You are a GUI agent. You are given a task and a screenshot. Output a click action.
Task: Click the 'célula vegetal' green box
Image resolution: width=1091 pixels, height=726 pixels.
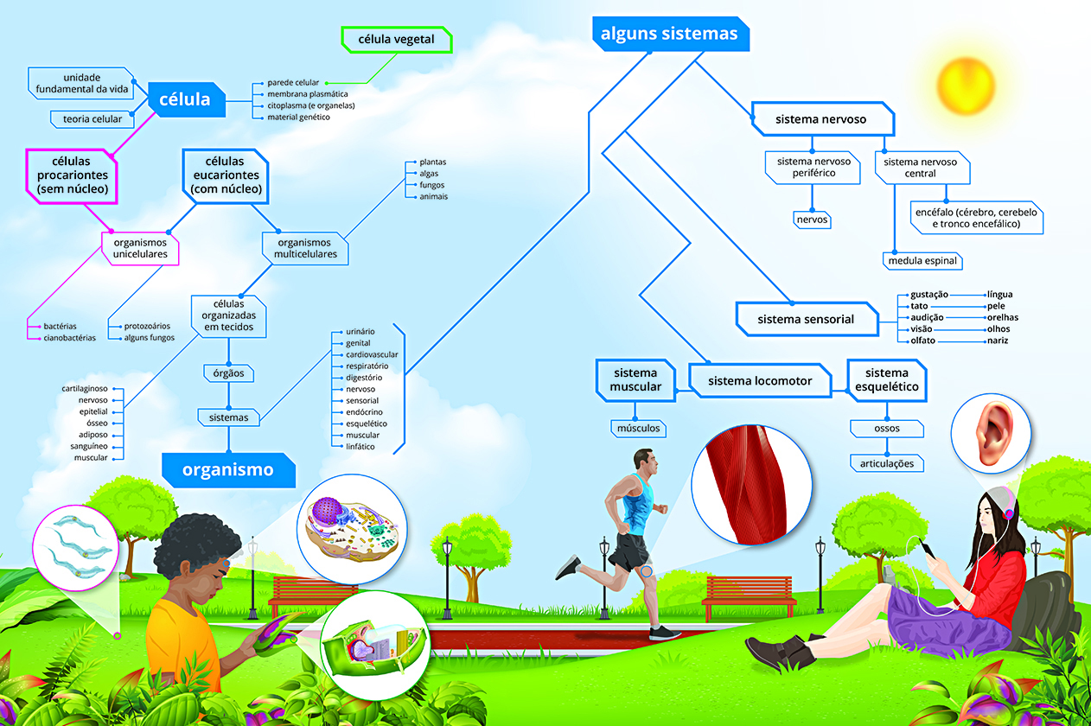point(397,39)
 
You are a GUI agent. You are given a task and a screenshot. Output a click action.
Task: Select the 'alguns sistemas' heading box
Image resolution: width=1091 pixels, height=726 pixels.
point(669,34)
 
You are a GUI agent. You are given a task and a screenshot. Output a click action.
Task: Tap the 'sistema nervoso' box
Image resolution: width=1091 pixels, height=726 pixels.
point(820,118)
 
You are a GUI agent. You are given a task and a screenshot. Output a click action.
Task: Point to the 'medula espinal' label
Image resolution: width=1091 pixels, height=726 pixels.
point(923,260)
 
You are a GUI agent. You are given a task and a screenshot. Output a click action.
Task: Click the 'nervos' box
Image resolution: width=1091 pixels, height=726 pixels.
point(812,220)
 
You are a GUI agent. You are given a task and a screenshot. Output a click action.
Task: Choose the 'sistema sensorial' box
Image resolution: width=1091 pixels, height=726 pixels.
point(805,319)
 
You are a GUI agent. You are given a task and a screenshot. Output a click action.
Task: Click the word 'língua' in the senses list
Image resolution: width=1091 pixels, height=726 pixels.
point(999,295)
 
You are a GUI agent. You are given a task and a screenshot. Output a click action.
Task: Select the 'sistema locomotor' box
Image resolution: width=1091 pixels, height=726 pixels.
point(760,380)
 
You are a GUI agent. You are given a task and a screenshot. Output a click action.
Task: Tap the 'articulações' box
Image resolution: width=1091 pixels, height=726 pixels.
point(887,463)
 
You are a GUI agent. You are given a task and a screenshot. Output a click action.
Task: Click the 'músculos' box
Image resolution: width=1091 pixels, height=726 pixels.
point(638,428)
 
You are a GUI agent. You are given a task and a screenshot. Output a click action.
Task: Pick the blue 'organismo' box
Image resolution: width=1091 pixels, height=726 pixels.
point(227,470)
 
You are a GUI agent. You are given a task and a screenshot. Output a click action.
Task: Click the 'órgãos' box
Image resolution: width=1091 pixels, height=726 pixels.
point(228,373)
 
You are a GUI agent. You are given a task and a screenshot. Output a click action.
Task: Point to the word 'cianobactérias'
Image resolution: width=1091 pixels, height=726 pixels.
point(70,338)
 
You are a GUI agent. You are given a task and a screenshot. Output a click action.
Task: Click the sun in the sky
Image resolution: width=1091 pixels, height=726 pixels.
point(962,84)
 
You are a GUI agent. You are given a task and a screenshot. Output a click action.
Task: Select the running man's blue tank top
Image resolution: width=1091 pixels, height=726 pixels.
point(638,504)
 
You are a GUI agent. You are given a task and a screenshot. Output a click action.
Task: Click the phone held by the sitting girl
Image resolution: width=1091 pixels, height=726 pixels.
point(923,547)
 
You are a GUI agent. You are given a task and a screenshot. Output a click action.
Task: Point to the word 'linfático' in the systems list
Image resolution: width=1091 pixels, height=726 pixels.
point(360,447)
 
